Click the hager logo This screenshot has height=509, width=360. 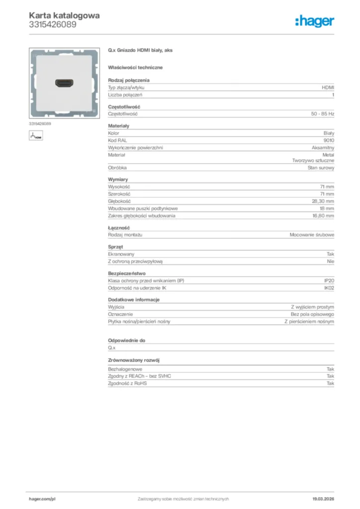(x=314, y=21)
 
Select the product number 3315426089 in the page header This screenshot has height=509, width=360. (x=52, y=24)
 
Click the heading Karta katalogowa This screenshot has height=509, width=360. (x=64, y=15)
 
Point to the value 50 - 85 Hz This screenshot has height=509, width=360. (x=322, y=114)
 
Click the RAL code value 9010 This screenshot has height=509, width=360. (x=329, y=141)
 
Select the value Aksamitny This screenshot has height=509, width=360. (x=323, y=148)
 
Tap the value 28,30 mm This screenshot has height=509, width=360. (x=323, y=201)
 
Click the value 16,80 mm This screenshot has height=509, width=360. (x=323, y=216)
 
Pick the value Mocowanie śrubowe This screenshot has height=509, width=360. (x=312, y=235)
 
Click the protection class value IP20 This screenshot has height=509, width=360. (x=329, y=281)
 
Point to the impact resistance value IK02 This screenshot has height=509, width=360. (x=329, y=288)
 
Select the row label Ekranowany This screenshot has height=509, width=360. (x=121, y=254)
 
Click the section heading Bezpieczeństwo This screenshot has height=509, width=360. (x=127, y=273)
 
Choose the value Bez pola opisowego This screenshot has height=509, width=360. (x=312, y=315)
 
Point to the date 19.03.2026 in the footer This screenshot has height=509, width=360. (x=323, y=499)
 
